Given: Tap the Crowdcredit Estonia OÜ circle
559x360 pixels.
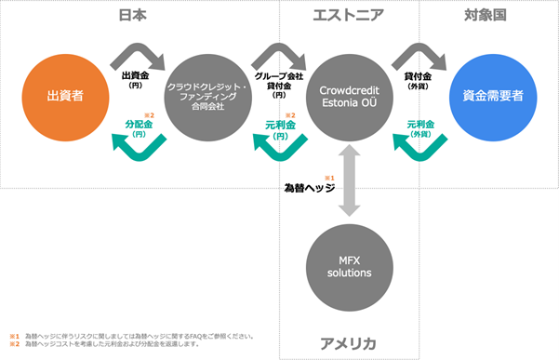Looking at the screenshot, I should click(x=348, y=95).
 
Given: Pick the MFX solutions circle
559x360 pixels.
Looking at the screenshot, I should click(x=348, y=267).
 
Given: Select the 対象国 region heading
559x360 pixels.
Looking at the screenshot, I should click(x=484, y=15).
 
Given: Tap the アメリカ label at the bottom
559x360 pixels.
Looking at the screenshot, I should click(x=348, y=344).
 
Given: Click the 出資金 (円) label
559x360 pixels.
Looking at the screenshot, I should click(x=136, y=78).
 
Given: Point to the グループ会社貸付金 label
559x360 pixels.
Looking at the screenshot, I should click(x=277, y=83).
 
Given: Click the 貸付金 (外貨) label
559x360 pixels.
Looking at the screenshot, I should click(x=419, y=78).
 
